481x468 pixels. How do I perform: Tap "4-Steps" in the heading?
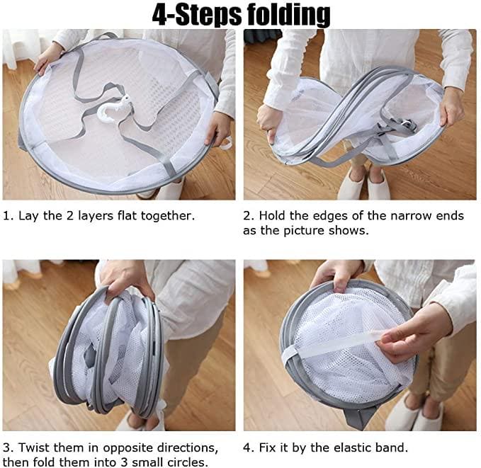point(197,15)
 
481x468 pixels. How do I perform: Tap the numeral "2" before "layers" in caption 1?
point(70,216)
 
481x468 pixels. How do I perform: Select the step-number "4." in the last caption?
point(249,447)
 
